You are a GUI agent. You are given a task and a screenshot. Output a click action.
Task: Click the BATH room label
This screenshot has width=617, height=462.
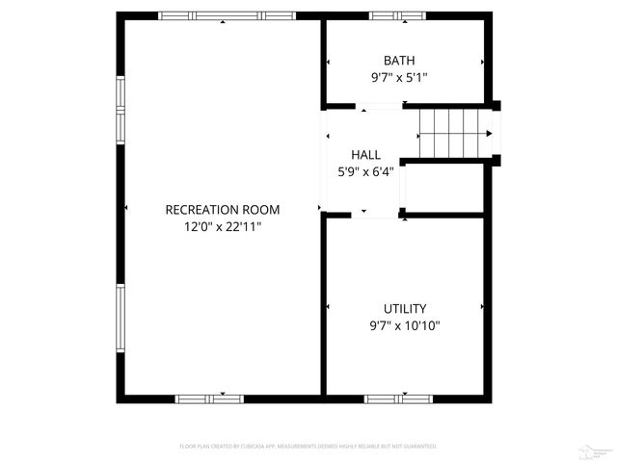click(398, 61)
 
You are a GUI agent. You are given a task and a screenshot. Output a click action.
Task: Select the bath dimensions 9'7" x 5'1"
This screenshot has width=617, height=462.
click(398, 79)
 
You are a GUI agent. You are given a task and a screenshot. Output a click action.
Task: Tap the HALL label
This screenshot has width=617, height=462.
click(365, 154)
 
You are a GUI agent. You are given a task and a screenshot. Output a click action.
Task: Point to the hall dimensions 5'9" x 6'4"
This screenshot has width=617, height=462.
click(365, 172)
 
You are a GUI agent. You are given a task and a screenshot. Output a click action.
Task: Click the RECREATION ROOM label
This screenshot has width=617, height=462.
click(223, 209)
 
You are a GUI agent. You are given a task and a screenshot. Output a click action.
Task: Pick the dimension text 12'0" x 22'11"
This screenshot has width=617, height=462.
click(223, 227)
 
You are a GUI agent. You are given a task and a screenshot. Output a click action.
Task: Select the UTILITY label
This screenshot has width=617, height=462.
click(405, 308)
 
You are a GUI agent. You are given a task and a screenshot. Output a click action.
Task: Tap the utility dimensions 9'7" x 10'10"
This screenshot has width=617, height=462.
click(405, 326)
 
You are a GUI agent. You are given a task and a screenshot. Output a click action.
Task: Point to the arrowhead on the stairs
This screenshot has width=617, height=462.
click(489, 133)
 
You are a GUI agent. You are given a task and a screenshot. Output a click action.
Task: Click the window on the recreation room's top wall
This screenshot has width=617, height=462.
click(227, 16)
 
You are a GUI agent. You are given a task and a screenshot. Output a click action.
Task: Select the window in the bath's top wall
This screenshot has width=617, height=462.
click(397, 16)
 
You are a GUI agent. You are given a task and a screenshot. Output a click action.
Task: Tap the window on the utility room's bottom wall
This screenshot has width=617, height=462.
click(397, 398)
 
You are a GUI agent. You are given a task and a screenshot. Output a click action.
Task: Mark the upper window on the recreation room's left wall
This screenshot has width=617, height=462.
click(121, 109)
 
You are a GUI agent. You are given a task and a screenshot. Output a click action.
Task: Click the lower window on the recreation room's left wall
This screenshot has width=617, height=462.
click(121, 321)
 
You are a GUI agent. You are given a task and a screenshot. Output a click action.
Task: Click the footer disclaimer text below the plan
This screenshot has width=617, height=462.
click(308, 447)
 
